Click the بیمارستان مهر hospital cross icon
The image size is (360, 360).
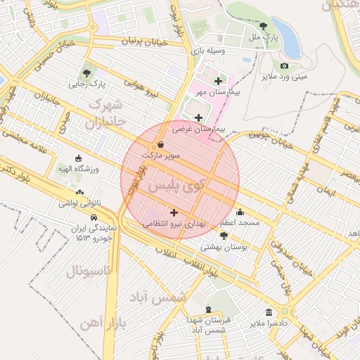218,82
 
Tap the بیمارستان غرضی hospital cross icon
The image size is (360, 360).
198,117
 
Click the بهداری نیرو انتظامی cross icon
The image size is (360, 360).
174,212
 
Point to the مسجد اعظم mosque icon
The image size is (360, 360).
240,212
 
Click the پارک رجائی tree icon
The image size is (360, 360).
86,72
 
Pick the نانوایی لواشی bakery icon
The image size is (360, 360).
79,193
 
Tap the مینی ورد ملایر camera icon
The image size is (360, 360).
283,65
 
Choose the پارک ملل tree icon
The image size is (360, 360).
263,26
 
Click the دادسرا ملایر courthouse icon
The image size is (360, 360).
269,312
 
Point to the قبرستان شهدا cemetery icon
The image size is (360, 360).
208,309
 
